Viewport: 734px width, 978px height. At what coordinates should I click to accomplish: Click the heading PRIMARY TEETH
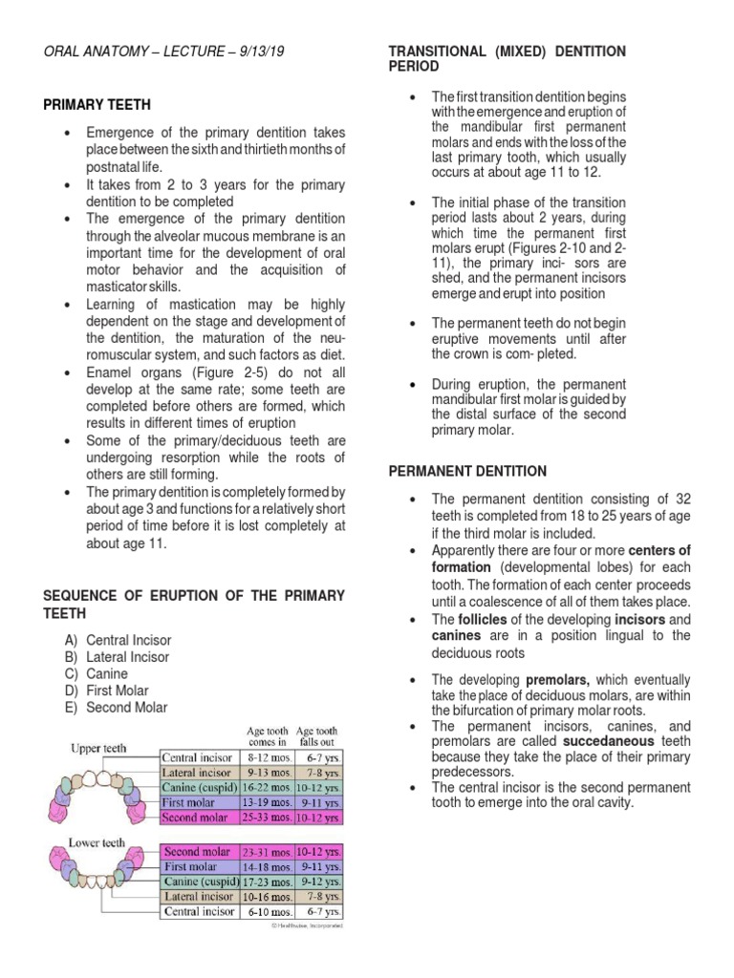click(x=97, y=104)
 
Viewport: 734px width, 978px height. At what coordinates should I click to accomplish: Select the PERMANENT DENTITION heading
click(x=466, y=471)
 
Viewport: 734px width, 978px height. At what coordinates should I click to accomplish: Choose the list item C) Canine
click(x=104, y=673)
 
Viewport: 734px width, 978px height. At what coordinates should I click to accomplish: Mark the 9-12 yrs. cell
click(x=320, y=881)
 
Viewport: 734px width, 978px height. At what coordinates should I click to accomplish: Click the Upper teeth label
click(x=98, y=749)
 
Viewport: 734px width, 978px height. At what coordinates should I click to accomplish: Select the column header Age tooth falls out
click(x=316, y=734)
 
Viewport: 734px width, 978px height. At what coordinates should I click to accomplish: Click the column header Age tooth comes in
click(x=267, y=734)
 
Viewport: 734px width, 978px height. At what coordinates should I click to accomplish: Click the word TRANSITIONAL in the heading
click(x=438, y=51)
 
